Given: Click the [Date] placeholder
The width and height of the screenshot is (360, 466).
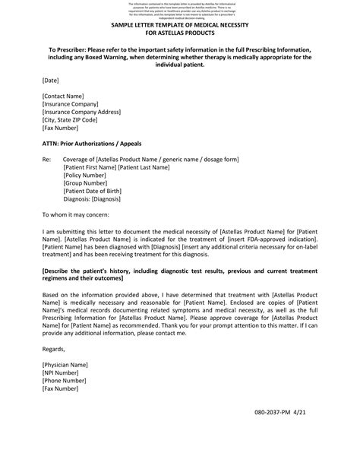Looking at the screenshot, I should point(51,79).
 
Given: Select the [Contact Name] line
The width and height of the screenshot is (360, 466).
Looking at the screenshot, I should point(63,96).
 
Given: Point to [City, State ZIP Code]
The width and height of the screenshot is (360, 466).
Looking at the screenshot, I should point(70,120).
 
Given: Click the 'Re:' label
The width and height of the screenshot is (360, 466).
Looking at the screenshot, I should point(47,159).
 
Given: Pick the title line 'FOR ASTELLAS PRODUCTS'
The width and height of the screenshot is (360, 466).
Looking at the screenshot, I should point(179,33).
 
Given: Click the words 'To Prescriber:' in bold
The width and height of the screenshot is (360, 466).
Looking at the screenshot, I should point(70,49).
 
